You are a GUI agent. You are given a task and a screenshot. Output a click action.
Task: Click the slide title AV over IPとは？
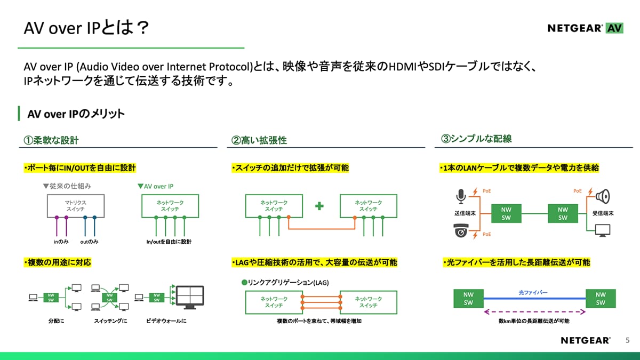tap(86, 28)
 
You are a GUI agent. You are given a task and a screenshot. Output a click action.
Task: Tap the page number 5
tap(627, 340)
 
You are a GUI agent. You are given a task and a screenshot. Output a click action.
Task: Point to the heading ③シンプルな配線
tap(476, 139)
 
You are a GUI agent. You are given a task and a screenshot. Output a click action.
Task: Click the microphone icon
tap(460, 196)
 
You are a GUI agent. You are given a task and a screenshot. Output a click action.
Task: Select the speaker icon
tap(602, 196)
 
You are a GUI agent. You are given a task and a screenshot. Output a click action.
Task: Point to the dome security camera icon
tap(460, 232)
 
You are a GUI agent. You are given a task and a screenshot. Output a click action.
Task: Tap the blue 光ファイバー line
tap(533, 299)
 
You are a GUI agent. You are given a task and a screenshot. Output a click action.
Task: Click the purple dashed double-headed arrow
tap(533, 312)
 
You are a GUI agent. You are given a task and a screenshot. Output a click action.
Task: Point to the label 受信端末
tap(603, 213)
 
